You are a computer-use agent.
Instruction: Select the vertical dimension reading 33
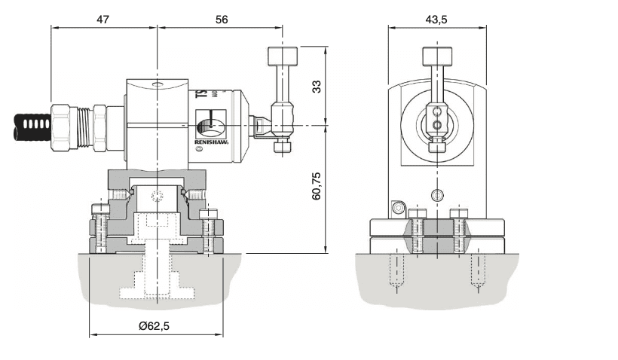(317, 86)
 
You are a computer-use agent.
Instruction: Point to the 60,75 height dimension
(317, 185)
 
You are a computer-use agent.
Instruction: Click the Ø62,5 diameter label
(158, 326)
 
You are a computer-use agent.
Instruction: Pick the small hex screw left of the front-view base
(397, 208)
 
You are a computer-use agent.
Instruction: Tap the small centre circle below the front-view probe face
(436, 195)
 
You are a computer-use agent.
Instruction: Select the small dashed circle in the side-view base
(157, 197)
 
